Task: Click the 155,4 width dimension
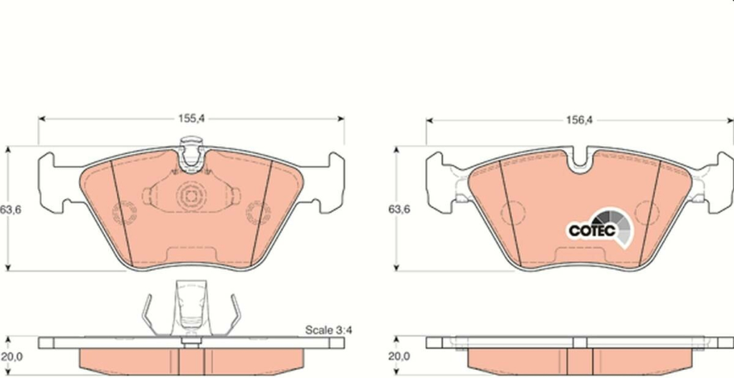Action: (191, 118)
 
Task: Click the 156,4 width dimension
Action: (579, 121)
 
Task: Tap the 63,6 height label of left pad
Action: (10, 209)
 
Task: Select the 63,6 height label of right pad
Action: (399, 209)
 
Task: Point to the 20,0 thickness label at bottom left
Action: (11, 356)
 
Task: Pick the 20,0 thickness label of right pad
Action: (399, 356)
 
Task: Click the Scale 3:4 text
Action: (328, 330)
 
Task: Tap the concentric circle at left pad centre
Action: (191, 197)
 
